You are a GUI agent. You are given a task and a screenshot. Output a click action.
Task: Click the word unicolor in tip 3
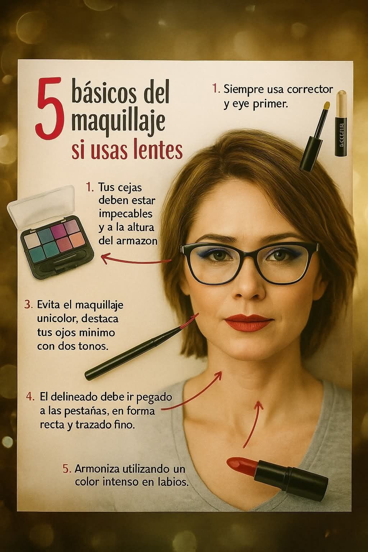tap(57, 319)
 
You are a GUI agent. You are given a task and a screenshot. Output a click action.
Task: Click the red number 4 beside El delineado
tap(30, 397)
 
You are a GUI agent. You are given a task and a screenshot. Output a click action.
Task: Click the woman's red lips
tap(248, 322)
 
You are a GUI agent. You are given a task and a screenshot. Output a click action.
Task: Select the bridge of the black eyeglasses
tap(249, 250)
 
